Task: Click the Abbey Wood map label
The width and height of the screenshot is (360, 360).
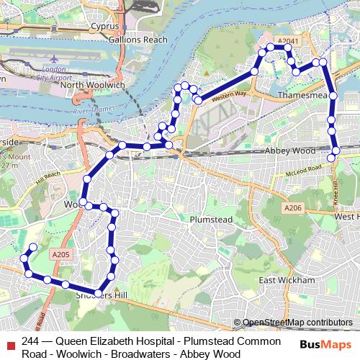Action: [x=290, y=150]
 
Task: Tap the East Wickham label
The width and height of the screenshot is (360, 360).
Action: [x=287, y=280]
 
